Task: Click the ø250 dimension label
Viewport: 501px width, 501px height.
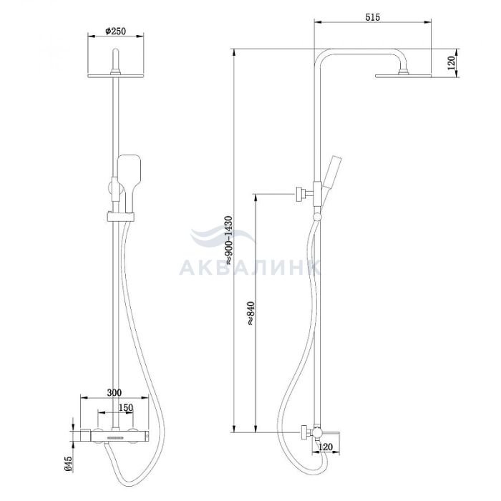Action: coord(116,31)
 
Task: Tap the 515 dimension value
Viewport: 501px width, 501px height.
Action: coord(373,17)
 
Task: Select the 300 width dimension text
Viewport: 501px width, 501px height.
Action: coord(114,393)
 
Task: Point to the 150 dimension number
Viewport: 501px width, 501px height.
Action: coord(125,408)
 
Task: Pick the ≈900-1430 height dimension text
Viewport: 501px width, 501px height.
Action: coord(229,240)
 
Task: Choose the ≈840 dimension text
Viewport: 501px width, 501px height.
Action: coord(250,313)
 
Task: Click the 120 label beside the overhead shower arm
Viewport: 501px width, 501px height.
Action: coord(451,63)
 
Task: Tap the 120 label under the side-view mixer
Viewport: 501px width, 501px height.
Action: coord(326,447)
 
